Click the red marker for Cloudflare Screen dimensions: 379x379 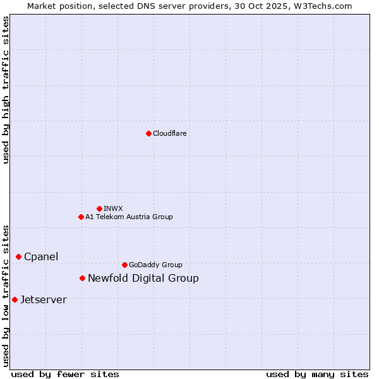[148, 133]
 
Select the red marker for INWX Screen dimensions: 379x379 [99, 208]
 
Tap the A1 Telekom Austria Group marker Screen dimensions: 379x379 [81, 217]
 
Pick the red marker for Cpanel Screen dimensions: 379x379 [18, 256]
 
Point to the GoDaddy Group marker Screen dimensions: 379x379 [124, 265]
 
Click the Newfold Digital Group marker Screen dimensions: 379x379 [82, 278]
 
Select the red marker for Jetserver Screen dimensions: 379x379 [15, 299]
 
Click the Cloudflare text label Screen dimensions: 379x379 [170, 133]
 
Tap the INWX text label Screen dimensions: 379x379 [113, 208]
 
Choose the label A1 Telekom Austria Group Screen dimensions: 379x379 [129, 217]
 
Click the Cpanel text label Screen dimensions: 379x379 [41, 256]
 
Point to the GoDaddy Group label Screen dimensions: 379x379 [155, 265]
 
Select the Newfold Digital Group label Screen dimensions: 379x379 [143, 278]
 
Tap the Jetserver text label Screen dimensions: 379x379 [43, 299]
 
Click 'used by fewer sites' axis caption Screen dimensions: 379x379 [65, 374]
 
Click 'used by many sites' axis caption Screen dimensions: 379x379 [317, 374]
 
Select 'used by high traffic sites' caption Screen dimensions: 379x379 [6, 90]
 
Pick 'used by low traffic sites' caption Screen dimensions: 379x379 [6, 295]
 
